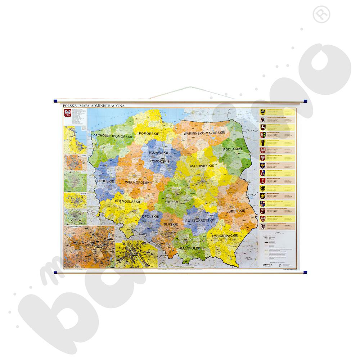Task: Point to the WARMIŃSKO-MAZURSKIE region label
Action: click(x=204, y=133)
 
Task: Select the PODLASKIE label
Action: click(x=232, y=149)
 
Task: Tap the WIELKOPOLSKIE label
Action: click(x=139, y=183)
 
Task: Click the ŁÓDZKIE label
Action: click(x=172, y=202)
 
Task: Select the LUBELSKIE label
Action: click(x=236, y=211)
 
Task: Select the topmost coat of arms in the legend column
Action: click(x=263, y=112)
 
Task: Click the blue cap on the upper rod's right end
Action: click(x=305, y=102)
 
